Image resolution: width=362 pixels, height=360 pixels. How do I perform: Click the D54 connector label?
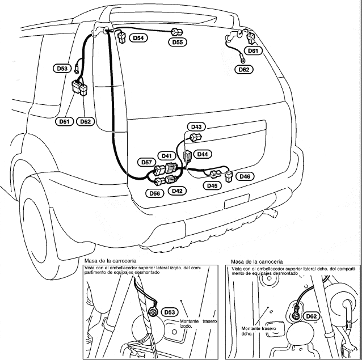(138, 38)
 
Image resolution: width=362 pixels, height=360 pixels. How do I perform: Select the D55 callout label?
(177, 43)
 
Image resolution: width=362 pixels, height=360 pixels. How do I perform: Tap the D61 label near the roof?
(253, 51)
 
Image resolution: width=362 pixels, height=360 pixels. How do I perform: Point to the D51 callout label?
(64, 121)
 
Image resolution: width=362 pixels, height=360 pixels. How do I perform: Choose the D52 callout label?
(85, 121)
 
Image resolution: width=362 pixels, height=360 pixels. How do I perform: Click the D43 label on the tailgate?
(197, 126)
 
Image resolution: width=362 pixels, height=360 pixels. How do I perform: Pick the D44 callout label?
(202, 154)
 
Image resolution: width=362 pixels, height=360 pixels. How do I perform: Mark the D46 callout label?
(245, 176)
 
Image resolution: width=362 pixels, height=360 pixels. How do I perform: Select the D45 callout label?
(212, 185)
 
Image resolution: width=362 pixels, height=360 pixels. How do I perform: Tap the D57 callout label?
(146, 163)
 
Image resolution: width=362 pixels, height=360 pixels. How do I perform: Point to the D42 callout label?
(177, 192)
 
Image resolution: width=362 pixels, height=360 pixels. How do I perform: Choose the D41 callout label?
(166, 155)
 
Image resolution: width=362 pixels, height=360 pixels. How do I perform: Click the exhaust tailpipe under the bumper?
(271, 214)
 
